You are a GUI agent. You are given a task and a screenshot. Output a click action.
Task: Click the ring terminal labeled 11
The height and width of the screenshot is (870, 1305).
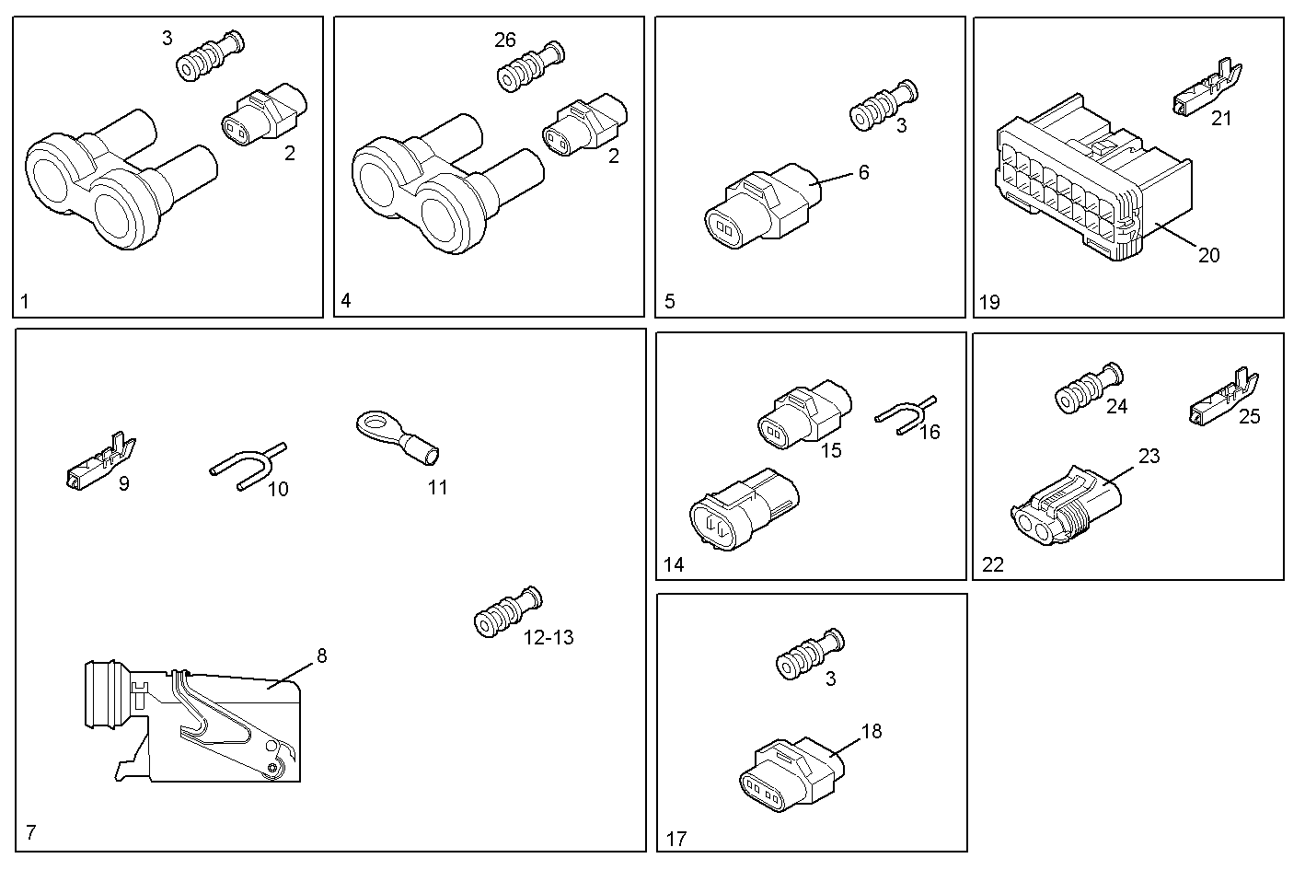pos(397,438)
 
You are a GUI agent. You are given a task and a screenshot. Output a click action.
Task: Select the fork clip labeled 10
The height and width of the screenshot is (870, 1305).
pos(247,466)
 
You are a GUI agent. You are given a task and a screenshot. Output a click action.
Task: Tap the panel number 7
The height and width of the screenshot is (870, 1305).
pos(31,833)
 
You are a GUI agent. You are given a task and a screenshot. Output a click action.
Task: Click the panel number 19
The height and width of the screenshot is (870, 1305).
pos(989,301)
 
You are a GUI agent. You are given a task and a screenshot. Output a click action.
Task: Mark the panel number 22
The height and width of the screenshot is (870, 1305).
pos(993,564)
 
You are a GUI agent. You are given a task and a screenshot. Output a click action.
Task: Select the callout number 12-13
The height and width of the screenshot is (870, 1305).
pos(549,637)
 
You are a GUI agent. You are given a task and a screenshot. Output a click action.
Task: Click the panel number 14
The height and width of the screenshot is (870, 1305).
pos(674,564)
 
